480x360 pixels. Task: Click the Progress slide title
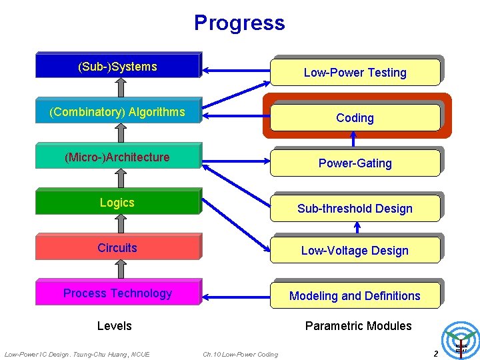(239, 23)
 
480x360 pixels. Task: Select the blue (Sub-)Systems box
(118, 66)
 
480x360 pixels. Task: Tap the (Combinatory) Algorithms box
(118, 111)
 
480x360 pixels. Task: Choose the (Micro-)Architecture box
(118, 157)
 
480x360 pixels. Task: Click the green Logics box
(118, 202)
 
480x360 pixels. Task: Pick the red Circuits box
(118, 247)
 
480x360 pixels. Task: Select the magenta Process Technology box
(118, 293)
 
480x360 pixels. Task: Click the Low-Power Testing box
(355, 72)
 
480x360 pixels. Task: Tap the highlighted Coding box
(355, 117)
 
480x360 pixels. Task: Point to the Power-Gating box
(355, 163)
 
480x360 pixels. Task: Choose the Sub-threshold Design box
(355, 208)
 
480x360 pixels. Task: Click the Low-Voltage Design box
(355, 250)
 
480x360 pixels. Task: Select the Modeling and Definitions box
(355, 295)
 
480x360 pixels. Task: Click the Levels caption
(115, 326)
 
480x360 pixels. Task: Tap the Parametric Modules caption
(358, 326)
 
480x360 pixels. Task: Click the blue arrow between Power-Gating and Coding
(354, 140)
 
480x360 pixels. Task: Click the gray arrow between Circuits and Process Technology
(121, 269)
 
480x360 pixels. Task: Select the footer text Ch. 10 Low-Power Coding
(240, 354)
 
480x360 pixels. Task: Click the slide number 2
(435, 353)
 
